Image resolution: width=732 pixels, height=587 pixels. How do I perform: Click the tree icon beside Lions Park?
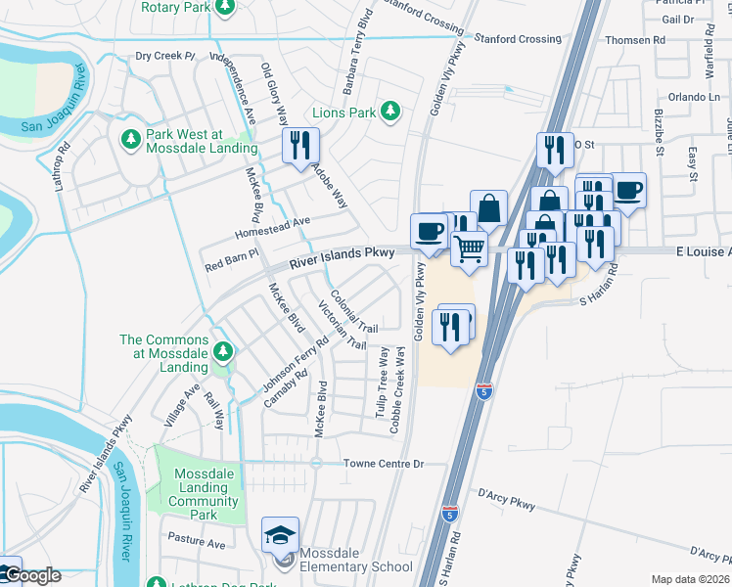390,112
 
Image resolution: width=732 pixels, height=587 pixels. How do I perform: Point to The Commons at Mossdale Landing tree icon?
224,350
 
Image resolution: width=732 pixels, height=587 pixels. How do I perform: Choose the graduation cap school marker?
280,534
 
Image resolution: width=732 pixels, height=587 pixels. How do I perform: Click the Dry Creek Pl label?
165,57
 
